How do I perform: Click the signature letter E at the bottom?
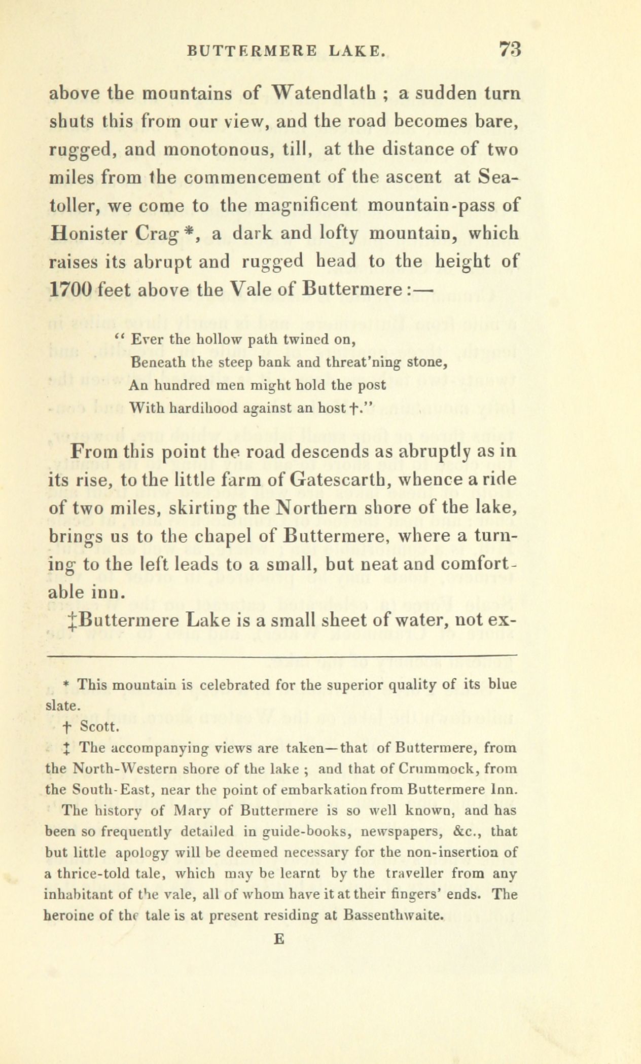pos(278,938)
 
